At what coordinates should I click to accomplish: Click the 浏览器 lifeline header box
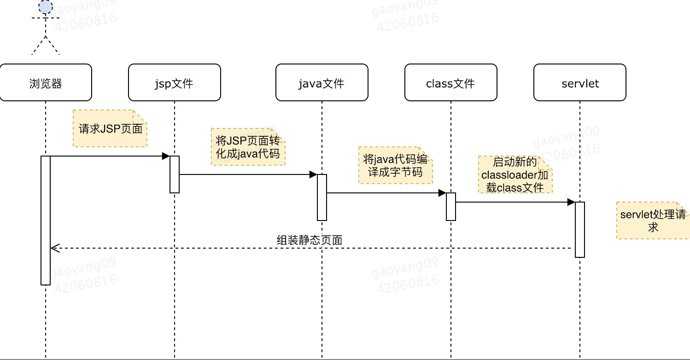click(x=46, y=82)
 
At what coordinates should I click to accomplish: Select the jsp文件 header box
click(x=175, y=82)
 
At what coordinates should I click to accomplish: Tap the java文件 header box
click(x=322, y=82)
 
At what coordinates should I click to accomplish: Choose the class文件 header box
click(x=450, y=82)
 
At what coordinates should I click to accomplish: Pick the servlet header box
click(x=579, y=82)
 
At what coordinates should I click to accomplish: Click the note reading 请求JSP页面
click(x=110, y=128)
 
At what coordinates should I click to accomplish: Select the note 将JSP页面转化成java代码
click(x=248, y=147)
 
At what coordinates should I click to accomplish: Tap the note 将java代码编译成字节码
click(x=395, y=165)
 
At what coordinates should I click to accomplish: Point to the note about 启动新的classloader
click(x=515, y=174)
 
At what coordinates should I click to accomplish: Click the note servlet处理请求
click(x=653, y=221)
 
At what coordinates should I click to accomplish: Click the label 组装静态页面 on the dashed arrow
click(x=309, y=240)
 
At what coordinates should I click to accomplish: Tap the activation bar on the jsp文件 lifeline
click(x=174, y=174)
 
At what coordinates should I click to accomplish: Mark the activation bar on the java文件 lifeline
click(x=322, y=197)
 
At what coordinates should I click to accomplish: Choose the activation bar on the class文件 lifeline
click(x=450, y=207)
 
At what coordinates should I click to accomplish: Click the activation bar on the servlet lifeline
click(x=579, y=229)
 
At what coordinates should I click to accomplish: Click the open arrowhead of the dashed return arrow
click(x=53, y=248)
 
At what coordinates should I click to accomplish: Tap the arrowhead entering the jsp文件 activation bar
click(x=166, y=156)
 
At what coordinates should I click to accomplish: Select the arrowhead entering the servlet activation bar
click(x=571, y=202)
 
